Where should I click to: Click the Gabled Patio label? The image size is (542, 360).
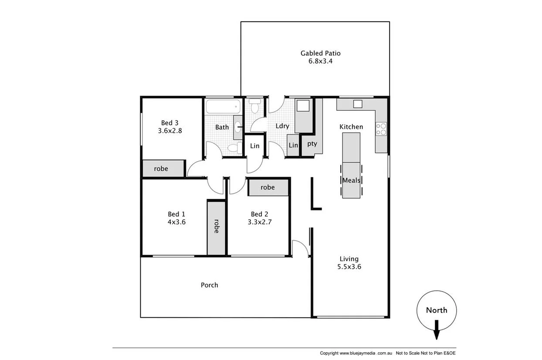tap(320, 53)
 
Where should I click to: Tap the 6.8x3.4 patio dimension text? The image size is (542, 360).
tap(320, 61)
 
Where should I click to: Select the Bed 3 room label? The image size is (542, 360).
tap(170, 122)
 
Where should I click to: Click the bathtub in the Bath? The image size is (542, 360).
tap(223, 106)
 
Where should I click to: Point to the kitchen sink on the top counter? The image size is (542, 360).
tap(357, 104)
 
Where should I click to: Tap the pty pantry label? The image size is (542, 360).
tap(312, 143)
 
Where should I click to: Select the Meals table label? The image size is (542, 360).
tap(351, 180)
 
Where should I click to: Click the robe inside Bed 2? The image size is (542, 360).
tap(268, 187)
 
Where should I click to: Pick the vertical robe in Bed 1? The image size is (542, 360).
tap(216, 228)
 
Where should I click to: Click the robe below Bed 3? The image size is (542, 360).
tap(161, 169)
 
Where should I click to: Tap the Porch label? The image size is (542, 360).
tap(209, 285)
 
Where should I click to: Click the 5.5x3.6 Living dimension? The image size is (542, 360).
tap(349, 267)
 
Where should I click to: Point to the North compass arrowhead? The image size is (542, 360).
tap(436, 335)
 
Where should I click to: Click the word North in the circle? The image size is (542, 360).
tap(436, 310)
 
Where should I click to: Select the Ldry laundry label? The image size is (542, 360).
tap(282, 126)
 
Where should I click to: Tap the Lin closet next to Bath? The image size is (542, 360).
tap(254, 146)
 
